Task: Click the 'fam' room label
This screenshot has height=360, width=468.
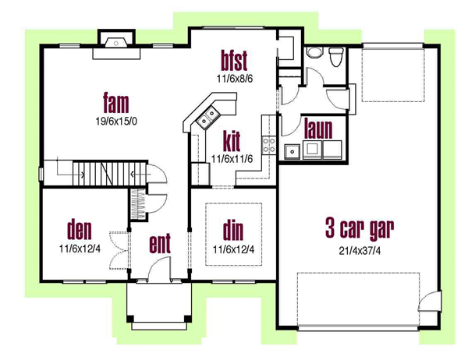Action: (116, 103)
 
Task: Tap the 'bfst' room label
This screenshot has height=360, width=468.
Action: (234, 61)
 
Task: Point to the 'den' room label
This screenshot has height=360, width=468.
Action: (80, 230)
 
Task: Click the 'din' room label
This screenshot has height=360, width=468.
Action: (233, 230)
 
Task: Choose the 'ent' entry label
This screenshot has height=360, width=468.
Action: (160, 244)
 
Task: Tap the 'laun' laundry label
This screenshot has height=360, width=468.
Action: (318, 129)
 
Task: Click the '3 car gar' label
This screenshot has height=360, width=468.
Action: (360, 229)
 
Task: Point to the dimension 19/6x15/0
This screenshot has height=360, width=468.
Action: (116, 121)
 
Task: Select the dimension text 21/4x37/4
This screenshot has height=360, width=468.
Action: (360, 251)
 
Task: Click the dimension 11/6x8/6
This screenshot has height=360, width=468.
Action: (235, 79)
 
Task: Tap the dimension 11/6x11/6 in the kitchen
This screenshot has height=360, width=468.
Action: (232, 159)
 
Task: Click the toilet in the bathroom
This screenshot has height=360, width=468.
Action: (336, 57)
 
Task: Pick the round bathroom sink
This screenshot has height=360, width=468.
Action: (315, 52)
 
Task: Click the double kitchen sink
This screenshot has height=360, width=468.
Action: (207, 117)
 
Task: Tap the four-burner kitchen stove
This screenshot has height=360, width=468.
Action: (268, 145)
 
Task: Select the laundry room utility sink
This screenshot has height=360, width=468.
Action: (292, 151)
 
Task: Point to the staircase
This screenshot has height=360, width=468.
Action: (95, 174)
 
